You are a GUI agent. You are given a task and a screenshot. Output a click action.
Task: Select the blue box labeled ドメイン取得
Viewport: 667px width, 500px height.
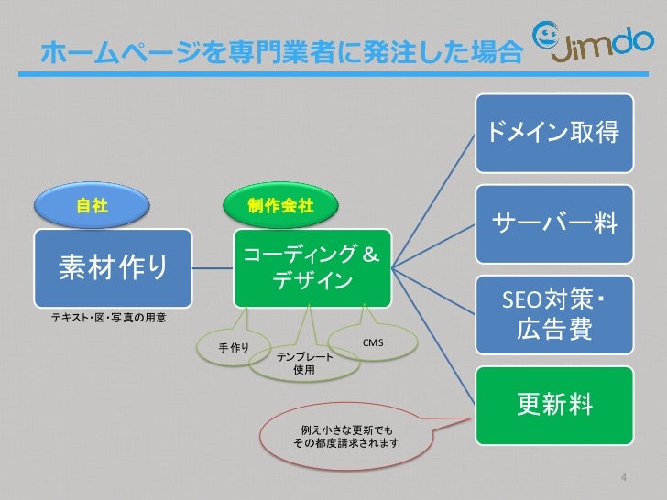[553, 133]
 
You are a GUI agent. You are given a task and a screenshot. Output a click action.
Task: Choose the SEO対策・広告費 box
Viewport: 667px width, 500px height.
[553, 314]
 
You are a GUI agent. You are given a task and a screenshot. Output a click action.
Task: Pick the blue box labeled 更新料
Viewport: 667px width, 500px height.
[553, 403]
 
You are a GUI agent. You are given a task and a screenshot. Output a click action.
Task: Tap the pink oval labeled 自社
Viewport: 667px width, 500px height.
[92, 206]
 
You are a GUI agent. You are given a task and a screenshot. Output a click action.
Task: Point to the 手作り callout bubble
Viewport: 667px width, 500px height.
[233, 347]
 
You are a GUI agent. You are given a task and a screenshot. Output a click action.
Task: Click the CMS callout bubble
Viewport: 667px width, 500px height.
[372, 342]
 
